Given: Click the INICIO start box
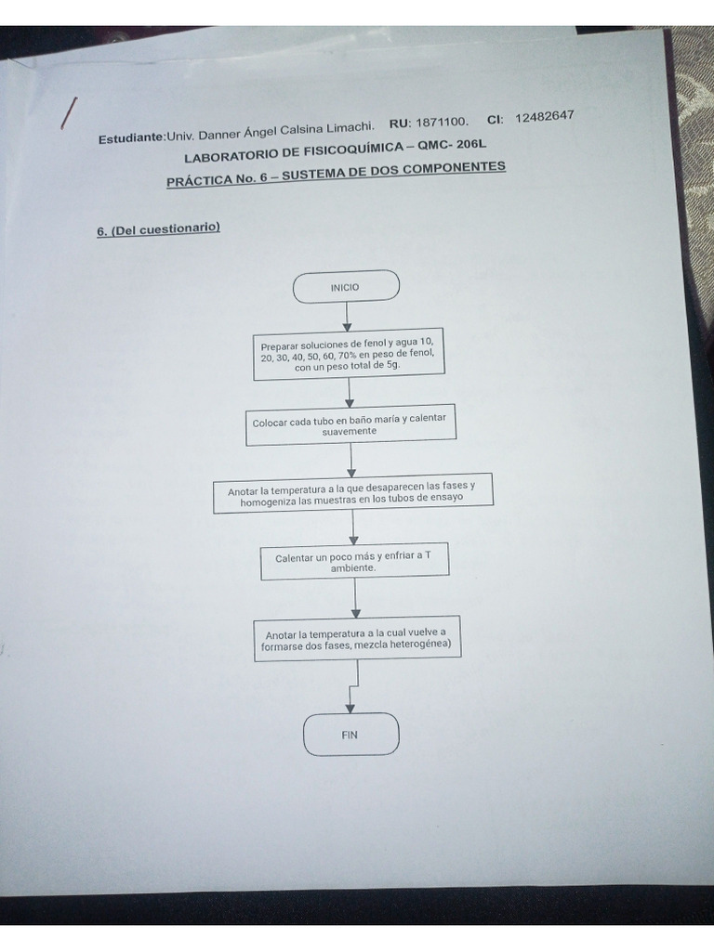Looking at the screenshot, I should coord(346,287).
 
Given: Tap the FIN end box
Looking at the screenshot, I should coord(350,735).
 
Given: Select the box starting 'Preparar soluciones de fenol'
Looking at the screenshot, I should coord(348,355).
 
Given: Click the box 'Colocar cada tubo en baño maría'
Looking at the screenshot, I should coord(350,425).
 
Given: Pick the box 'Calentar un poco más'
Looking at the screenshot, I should coord(354,562).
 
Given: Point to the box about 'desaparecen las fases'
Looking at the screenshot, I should coord(352,492).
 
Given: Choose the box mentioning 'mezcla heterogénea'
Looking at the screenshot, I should coord(357,641).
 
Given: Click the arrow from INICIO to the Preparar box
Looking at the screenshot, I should coord(347,316).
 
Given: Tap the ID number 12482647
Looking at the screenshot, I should coord(544,116).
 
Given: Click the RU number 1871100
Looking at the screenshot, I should coord(441,123).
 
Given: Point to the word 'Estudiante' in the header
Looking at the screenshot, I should coord(130,138).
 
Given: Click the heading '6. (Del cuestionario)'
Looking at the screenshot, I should coord(158,228).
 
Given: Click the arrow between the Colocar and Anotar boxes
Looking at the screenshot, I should coord(350,459).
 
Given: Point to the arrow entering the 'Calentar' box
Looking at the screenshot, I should coord(353,528).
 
